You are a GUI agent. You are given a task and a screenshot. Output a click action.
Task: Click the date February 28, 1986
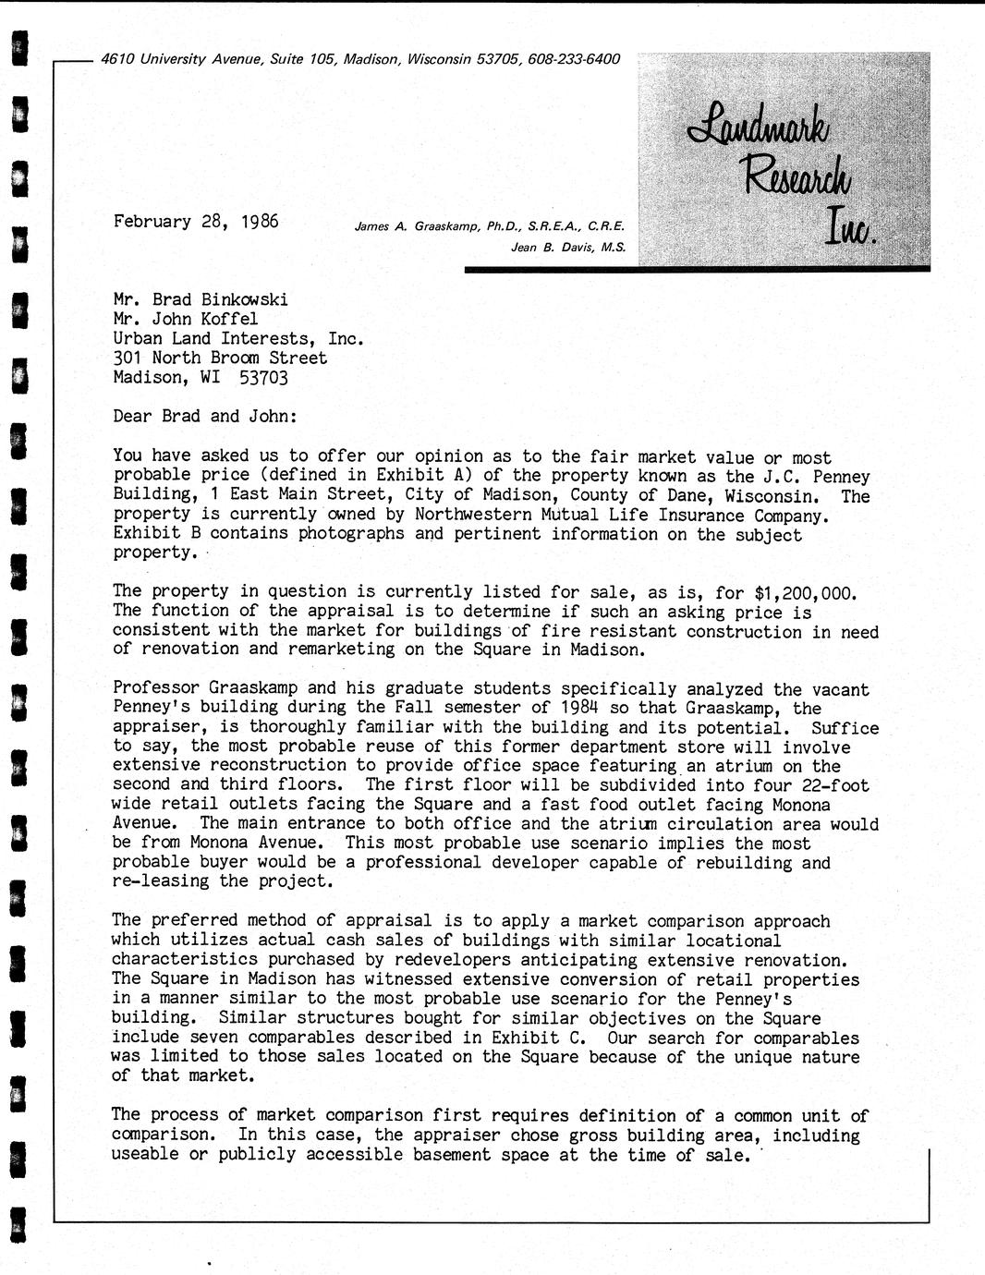[x=195, y=222]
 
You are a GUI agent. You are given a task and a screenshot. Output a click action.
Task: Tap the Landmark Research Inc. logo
[x=784, y=176]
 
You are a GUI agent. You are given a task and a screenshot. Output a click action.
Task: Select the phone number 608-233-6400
[x=575, y=59]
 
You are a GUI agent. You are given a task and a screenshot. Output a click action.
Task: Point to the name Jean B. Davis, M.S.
[x=568, y=247]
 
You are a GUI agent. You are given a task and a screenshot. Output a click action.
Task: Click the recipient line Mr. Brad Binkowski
[x=201, y=299]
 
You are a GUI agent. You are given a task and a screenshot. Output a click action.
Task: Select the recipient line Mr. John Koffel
[x=186, y=319]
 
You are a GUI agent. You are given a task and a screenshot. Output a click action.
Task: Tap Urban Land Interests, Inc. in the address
[x=238, y=338]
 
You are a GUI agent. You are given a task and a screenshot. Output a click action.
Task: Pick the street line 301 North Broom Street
[x=220, y=358]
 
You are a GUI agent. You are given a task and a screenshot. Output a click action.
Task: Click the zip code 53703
[x=263, y=377]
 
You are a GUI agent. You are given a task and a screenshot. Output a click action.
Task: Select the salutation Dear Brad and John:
[x=205, y=416]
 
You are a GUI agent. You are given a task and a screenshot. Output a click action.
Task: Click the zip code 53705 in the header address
[x=500, y=59]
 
